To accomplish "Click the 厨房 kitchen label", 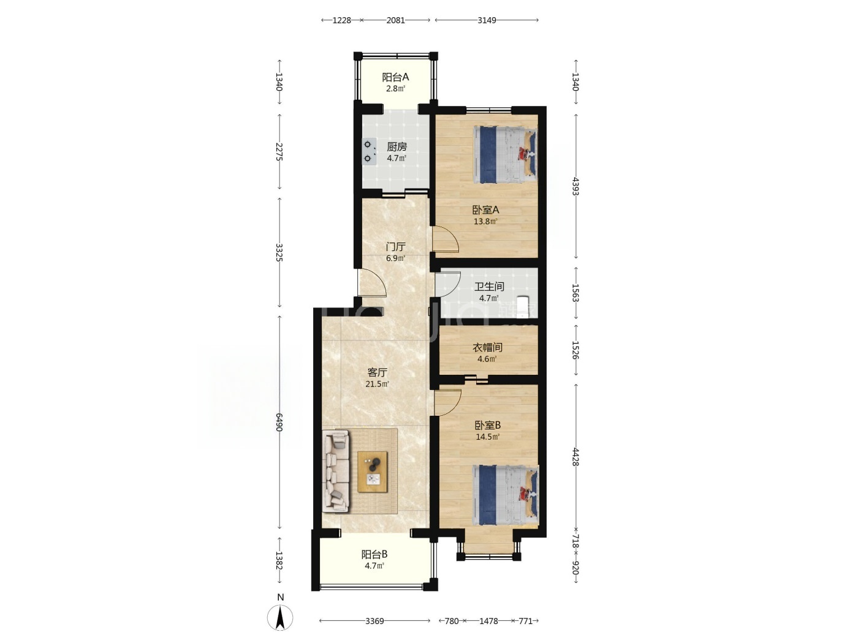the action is [397, 147].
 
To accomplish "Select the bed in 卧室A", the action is [504, 154].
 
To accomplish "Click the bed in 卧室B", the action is [506, 495].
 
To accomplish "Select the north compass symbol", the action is [280, 617].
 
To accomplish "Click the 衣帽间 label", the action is [487, 347].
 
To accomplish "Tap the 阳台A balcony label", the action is [395, 77].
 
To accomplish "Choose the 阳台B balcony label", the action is [374, 554].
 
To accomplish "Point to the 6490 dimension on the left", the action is [279, 423].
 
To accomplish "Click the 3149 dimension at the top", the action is [487, 20].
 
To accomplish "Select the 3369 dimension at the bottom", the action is [374, 621].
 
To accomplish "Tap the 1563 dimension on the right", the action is [575, 293].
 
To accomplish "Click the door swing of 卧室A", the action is [445, 239].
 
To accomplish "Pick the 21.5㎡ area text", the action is [377, 384].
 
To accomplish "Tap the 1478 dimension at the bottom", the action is [488, 621].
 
